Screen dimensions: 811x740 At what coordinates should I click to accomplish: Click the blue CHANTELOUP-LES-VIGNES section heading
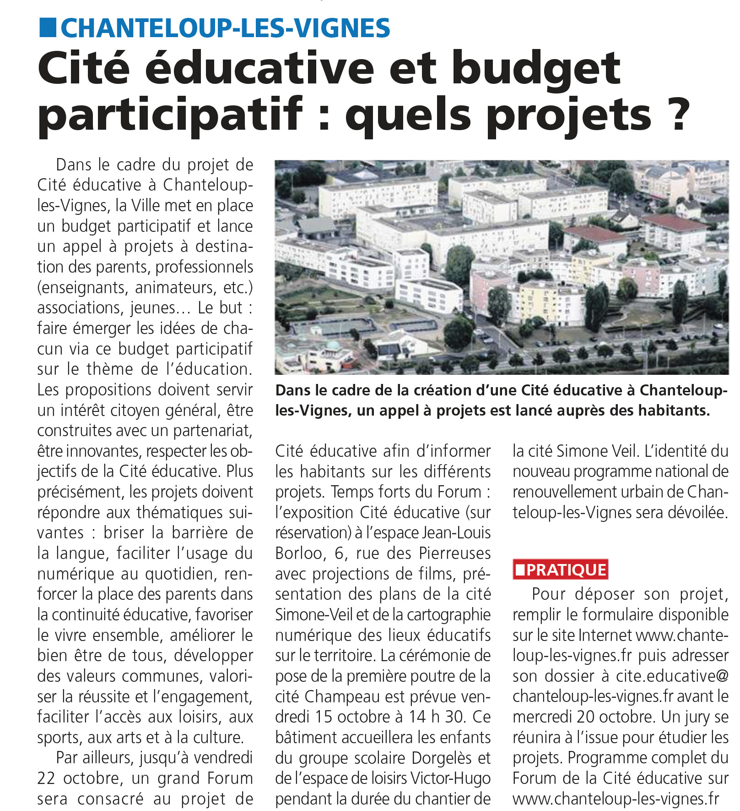225,28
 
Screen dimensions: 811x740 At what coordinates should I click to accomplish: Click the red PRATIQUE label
561,570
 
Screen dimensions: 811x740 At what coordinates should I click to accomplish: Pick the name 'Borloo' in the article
298,553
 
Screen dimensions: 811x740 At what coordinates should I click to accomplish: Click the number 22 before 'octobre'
46,778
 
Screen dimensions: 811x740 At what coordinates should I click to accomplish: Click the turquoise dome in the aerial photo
333,345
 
